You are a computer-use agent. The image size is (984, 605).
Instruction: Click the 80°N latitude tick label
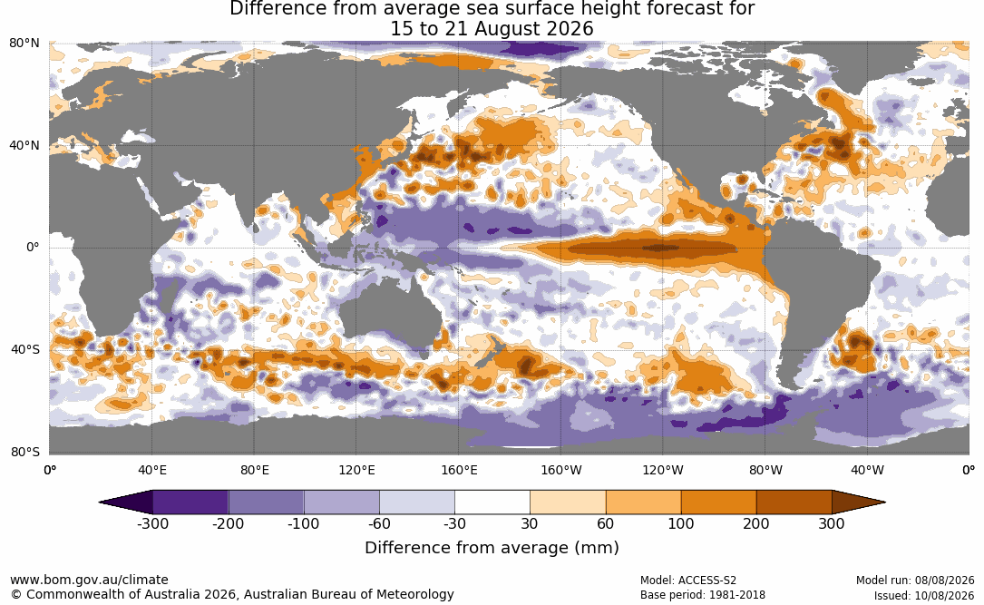[24, 44]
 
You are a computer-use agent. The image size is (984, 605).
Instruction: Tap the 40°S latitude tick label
[25, 349]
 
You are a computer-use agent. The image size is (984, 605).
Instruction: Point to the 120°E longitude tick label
[356, 470]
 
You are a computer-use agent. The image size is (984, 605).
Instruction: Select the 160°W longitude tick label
[561, 470]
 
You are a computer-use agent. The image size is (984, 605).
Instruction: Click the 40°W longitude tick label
[868, 470]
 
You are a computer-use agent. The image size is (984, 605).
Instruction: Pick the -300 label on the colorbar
[152, 524]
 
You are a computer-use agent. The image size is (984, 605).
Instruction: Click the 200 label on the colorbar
[756, 524]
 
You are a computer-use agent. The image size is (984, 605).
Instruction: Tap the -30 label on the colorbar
[454, 524]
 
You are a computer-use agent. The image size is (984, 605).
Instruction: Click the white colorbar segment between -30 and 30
[492, 503]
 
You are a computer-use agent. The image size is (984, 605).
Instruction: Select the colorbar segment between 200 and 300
[794, 503]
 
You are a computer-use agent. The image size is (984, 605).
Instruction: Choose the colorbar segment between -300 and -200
[190, 503]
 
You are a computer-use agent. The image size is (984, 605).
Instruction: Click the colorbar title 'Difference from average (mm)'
[492, 548]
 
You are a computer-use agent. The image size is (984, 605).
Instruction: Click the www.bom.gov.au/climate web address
[89, 580]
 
